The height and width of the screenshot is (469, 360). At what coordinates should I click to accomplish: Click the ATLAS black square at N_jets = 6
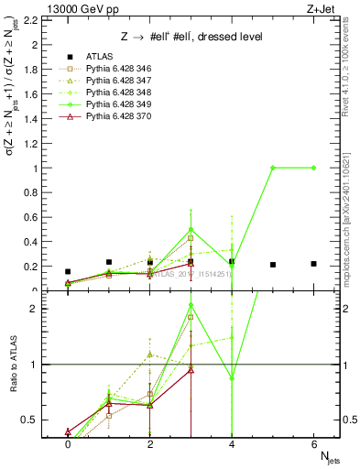[x=313, y=264]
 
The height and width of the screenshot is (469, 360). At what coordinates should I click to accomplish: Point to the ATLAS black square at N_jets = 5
[x=273, y=265]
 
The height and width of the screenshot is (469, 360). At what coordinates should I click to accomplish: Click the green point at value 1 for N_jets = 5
[x=273, y=168]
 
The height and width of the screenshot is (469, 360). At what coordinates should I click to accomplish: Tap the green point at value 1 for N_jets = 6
[x=313, y=168]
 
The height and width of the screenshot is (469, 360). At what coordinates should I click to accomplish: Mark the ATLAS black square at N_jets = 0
[x=68, y=271]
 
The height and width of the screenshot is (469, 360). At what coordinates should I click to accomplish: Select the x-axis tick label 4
[x=232, y=443]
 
